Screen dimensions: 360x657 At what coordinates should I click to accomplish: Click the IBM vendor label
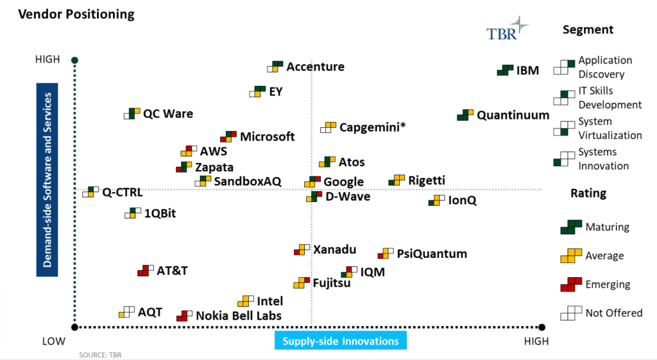(x=527, y=70)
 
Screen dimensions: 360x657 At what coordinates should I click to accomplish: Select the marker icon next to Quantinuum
(x=465, y=116)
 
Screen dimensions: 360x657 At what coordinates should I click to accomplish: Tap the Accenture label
(x=315, y=67)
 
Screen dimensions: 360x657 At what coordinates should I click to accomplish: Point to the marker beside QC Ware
(x=132, y=114)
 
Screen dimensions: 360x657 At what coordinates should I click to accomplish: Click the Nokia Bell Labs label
(x=238, y=316)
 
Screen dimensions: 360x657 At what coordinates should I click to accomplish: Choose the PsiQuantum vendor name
(x=432, y=253)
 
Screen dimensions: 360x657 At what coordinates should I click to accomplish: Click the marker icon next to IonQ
(x=437, y=201)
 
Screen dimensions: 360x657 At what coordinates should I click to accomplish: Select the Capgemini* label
(x=372, y=127)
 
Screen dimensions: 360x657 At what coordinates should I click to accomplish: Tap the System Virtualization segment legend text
(x=610, y=128)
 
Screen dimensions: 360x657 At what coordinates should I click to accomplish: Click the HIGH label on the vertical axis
(x=47, y=60)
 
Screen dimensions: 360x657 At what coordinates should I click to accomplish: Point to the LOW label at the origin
(x=54, y=341)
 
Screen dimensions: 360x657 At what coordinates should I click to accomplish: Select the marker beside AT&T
(x=146, y=270)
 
